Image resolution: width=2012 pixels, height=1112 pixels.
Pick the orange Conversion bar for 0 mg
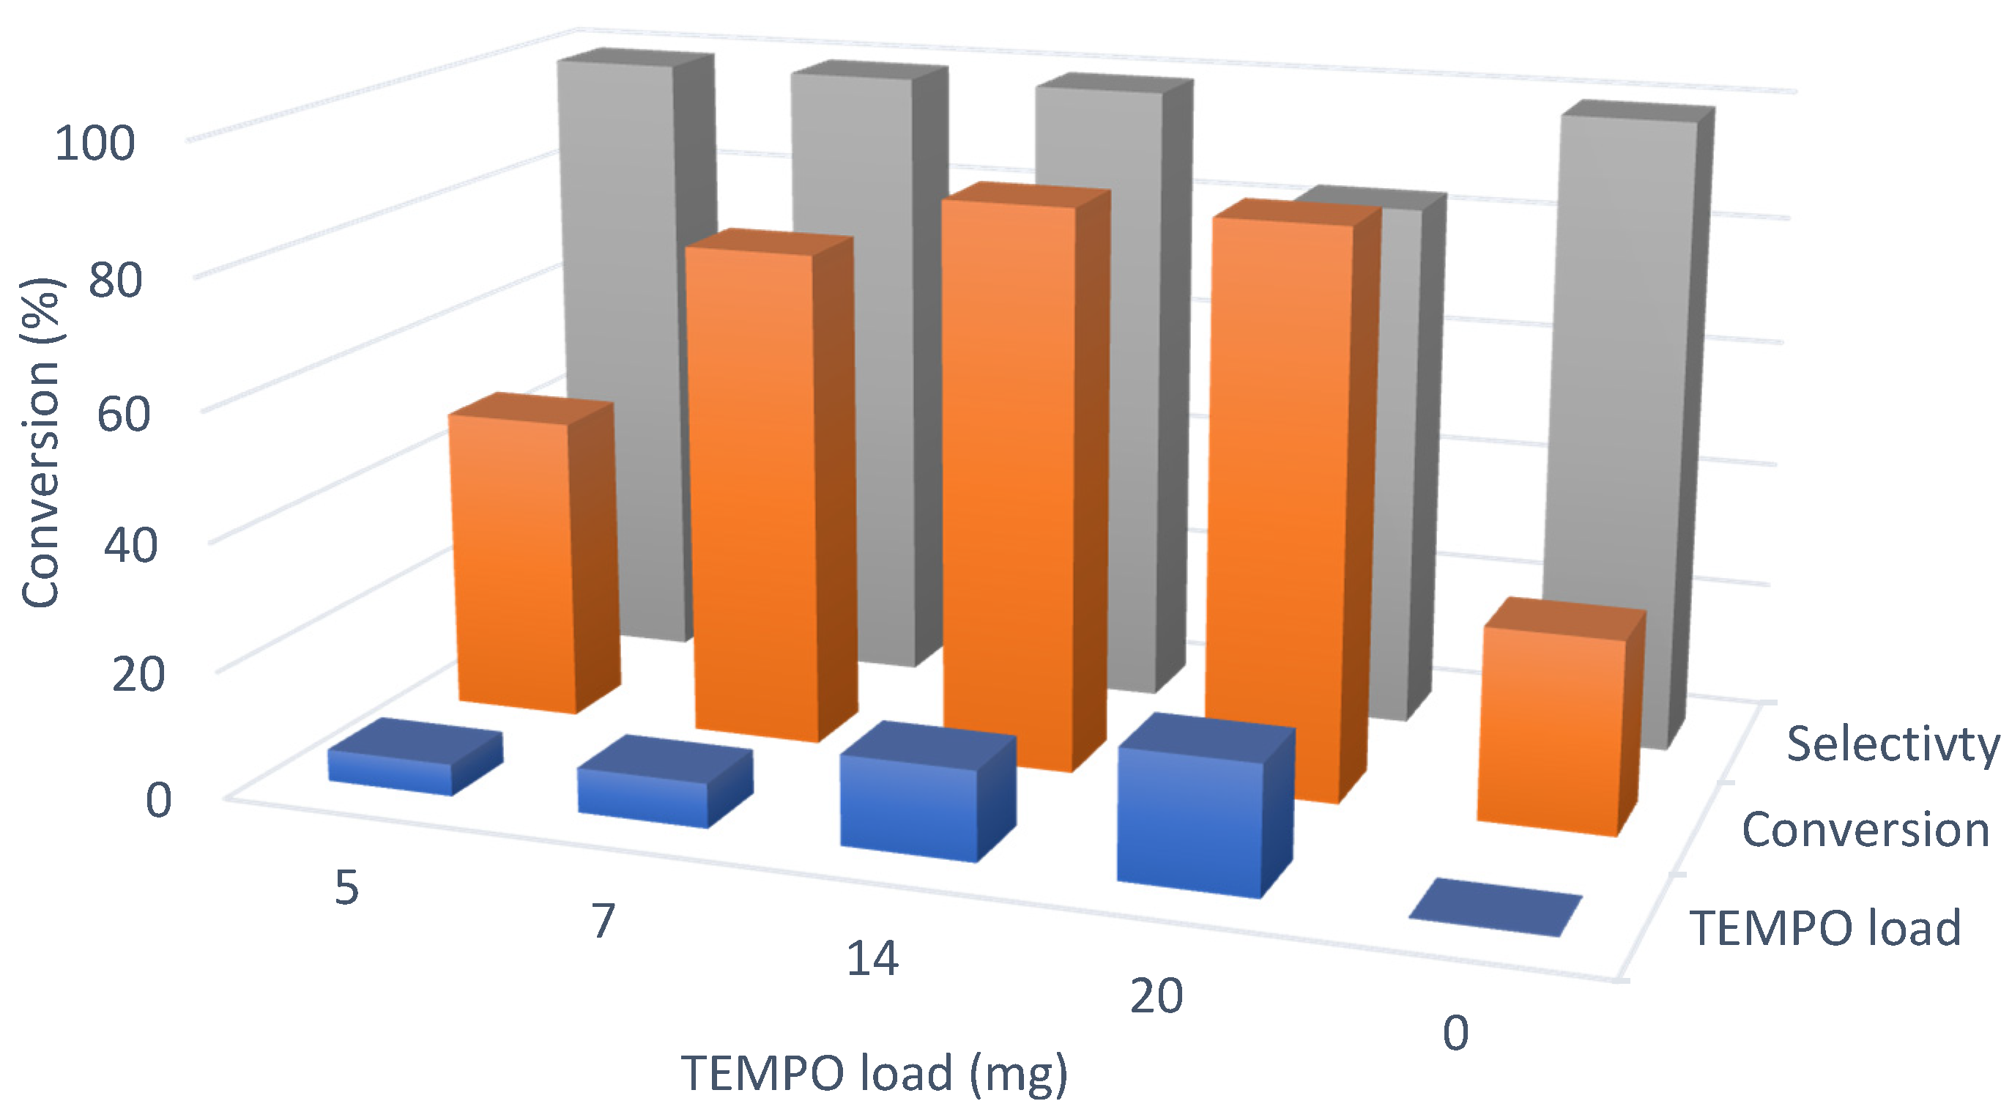tap(1551, 734)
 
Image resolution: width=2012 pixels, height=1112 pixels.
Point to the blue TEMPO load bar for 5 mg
tap(390, 769)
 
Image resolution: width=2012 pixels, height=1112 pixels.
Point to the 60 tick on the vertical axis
tap(123, 413)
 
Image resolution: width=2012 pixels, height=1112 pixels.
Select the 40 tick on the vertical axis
tap(130, 544)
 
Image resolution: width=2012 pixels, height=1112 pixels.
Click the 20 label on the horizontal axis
tap(1156, 996)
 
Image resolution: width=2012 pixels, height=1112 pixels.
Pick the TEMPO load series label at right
tap(1826, 927)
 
